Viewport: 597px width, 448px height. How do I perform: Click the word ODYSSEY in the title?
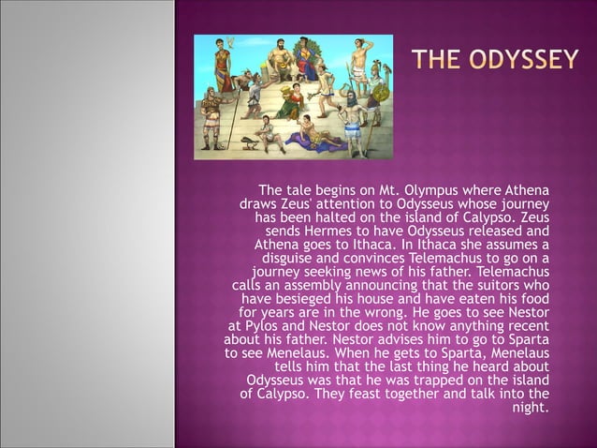point(524,61)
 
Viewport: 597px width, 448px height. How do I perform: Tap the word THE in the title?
point(440,61)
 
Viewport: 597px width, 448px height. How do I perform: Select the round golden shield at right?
point(379,93)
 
